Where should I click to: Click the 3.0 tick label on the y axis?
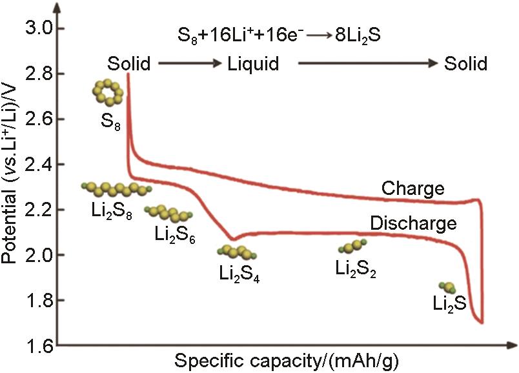tap(39, 28)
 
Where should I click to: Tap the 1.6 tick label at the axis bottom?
tap(39, 346)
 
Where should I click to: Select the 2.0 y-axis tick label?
tap(39, 255)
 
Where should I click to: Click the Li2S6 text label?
tap(175, 235)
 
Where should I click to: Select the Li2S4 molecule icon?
tap(237, 252)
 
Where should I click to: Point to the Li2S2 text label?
tap(356, 268)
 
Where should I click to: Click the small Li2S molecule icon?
tap(447, 287)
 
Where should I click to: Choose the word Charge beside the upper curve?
tap(412, 189)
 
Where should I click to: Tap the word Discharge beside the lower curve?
tap(413, 224)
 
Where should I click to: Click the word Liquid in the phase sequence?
tap(253, 63)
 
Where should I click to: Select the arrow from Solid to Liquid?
tap(190, 63)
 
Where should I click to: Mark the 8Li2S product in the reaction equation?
tap(358, 35)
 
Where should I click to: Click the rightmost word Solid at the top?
tap(465, 63)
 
